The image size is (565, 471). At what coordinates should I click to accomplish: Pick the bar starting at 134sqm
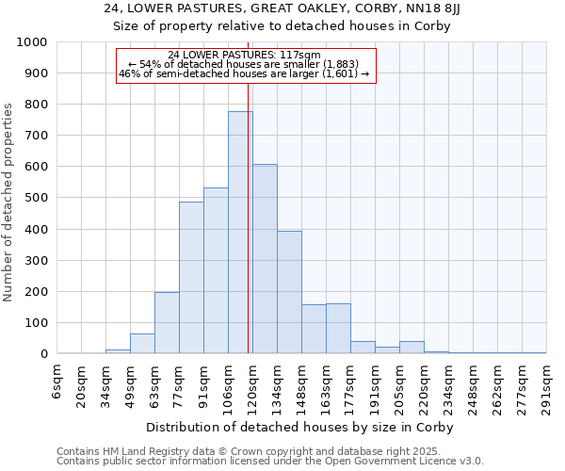coord(289,292)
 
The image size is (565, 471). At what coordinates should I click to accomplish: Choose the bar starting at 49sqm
coord(142,344)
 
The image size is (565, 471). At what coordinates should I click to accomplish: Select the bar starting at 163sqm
coord(338,329)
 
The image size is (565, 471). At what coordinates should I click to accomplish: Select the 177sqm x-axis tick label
coord(350,386)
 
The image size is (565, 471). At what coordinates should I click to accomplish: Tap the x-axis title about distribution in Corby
coord(301,428)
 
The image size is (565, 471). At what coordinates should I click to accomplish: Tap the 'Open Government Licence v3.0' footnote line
coord(270,462)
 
